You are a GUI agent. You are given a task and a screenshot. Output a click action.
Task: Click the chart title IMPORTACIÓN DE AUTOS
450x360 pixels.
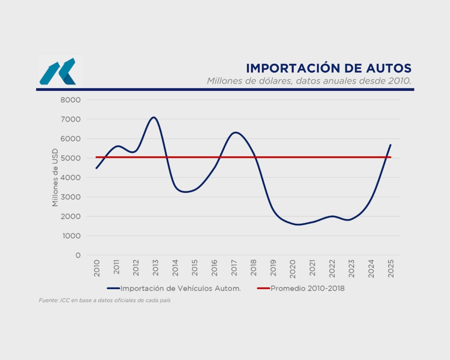pos(328,68)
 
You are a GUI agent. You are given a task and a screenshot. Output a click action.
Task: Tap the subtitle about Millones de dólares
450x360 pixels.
pos(309,81)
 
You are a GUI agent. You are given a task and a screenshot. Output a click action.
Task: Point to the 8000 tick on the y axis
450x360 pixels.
pos(71,100)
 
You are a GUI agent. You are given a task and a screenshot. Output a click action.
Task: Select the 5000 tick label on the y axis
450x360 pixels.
pos(71,158)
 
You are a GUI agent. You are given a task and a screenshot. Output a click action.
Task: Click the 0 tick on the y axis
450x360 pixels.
pos(78,255)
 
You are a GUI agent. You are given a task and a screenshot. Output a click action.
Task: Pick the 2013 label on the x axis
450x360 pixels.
pos(156,267)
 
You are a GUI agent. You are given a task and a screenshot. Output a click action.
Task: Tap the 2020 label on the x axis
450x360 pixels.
pos(293,267)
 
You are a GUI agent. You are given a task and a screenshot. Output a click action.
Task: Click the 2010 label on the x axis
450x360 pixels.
pos(97,267)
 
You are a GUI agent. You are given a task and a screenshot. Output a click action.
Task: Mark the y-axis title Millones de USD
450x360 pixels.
pos(55,177)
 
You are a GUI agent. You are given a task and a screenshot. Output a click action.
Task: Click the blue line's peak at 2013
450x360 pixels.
pos(154,117)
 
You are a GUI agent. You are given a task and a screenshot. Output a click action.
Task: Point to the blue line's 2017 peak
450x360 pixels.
pos(235,132)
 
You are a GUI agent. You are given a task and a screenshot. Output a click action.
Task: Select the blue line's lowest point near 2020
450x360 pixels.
pos(298,224)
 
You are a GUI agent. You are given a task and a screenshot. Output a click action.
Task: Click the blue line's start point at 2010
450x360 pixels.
pos(96,168)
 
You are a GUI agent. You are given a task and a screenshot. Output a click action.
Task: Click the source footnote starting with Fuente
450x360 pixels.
pos(104,301)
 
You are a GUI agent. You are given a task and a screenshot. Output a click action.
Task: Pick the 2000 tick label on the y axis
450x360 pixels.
pos(71,216)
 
